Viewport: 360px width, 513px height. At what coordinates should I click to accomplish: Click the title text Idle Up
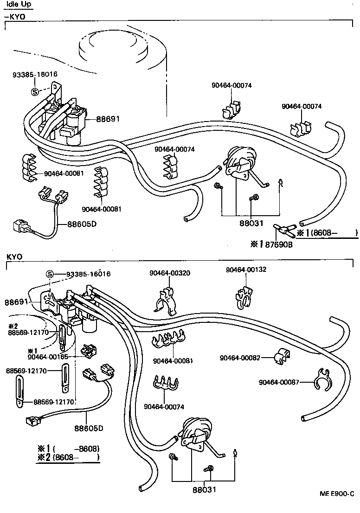point(19,5)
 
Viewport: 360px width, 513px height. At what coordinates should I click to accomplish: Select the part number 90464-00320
point(169,273)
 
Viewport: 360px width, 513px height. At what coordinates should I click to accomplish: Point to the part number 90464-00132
point(246,269)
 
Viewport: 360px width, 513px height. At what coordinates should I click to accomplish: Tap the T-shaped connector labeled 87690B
point(281,229)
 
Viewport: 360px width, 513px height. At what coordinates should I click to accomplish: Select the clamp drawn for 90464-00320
point(166,301)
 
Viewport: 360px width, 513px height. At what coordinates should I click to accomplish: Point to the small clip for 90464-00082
point(280,356)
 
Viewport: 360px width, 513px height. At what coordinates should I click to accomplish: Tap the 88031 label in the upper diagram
point(251,223)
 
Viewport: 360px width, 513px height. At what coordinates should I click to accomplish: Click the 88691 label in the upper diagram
point(108,119)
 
